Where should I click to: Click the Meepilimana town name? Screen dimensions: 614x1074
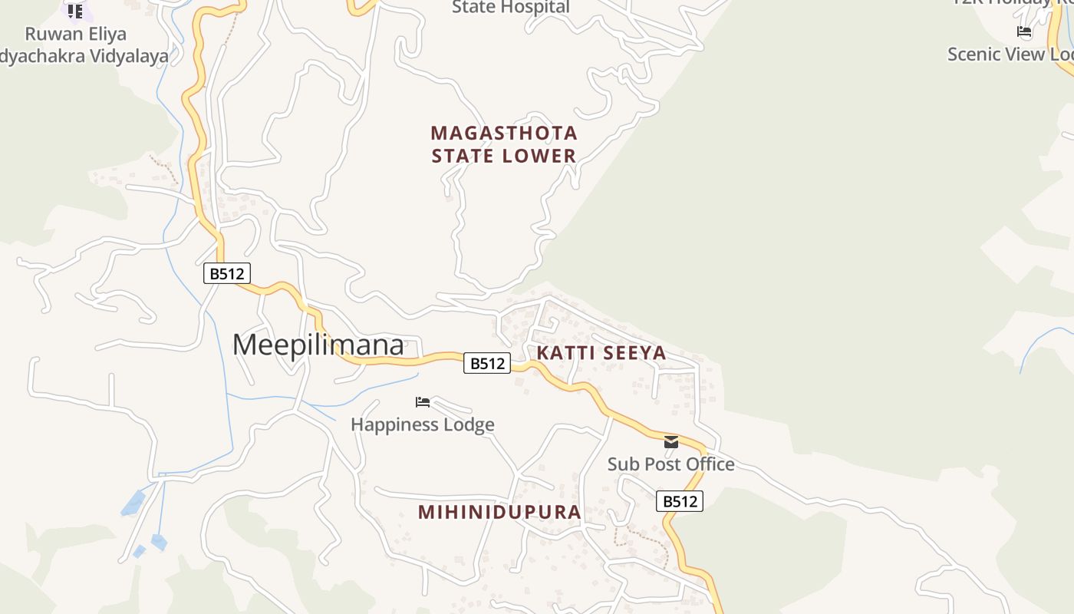pos(318,345)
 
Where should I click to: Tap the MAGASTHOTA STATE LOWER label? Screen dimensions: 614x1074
pos(503,144)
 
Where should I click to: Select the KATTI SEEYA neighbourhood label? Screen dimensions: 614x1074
pos(601,353)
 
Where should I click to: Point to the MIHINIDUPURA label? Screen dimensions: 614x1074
pos(499,512)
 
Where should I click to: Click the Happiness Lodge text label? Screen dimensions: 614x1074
pos(422,424)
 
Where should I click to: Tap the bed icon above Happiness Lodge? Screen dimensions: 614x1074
pos(422,402)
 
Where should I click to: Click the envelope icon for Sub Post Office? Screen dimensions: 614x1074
pos(671,442)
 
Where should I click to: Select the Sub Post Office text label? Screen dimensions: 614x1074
pos(670,464)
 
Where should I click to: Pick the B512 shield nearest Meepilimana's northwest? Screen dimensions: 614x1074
pos(227,273)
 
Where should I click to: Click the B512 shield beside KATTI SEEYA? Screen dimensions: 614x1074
pos(486,363)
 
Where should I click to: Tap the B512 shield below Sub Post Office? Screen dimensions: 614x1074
pos(679,501)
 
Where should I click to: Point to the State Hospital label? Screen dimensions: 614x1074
pos(510,8)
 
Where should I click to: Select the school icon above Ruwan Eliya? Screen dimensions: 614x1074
pos(74,11)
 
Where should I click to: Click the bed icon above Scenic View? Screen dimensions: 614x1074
pos(1023,31)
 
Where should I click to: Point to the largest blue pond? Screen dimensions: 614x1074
pos(133,503)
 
